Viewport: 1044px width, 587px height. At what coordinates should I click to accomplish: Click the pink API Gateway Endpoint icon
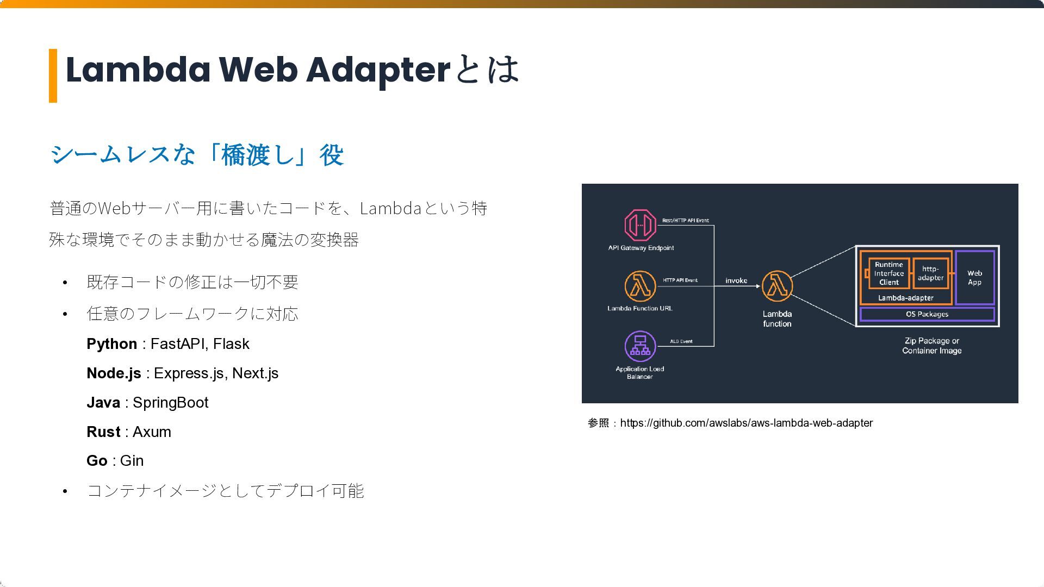pyautogui.click(x=640, y=224)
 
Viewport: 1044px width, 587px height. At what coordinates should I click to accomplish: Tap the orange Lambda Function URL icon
pyautogui.click(x=640, y=286)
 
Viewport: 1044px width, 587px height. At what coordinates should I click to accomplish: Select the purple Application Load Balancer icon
pyautogui.click(x=640, y=346)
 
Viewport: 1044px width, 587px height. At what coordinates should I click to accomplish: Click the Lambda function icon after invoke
pyautogui.click(x=777, y=286)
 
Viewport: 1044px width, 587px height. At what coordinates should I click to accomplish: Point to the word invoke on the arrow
pyautogui.click(x=736, y=280)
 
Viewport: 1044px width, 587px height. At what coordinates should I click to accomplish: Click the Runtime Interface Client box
pyautogui.click(x=888, y=273)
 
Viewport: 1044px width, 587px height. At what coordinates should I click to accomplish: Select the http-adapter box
pyautogui.click(x=930, y=273)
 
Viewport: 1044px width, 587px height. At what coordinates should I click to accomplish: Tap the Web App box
pyautogui.click(x=974, y=277)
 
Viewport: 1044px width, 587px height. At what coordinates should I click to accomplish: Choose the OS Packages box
pyautogui.click(x=927, y=314)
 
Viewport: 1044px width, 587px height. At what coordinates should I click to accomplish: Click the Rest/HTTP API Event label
pyautogui.click(x=685, y=221)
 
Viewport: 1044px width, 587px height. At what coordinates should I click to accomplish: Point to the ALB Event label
pyautogui.click(x=681, y=341)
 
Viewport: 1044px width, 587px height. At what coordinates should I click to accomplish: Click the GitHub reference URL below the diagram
pyautogui.click(x=746, y=423)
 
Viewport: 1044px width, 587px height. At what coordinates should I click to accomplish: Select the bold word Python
pyautogui.click(x=111, y=344)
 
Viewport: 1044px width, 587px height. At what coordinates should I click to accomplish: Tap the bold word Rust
pyautogui.click(x=103, y=432)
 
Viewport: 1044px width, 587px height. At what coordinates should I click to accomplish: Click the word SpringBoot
pyautogui.click(x=170, y=403)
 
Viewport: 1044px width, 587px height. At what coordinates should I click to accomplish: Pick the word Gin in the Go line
pyautogui.click(x=132, y=461)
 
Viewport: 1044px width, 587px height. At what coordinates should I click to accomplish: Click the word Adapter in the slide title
pyautogui.click(x=378, y=70)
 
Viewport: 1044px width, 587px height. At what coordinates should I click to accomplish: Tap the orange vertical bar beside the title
pyautogui.click(x=53, y=76)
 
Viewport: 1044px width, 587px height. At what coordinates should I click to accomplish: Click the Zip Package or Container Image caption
pyautogui.click(x=931, y=346)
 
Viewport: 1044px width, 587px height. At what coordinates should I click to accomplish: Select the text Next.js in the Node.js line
pyautogui.click(x=255, y=373)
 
